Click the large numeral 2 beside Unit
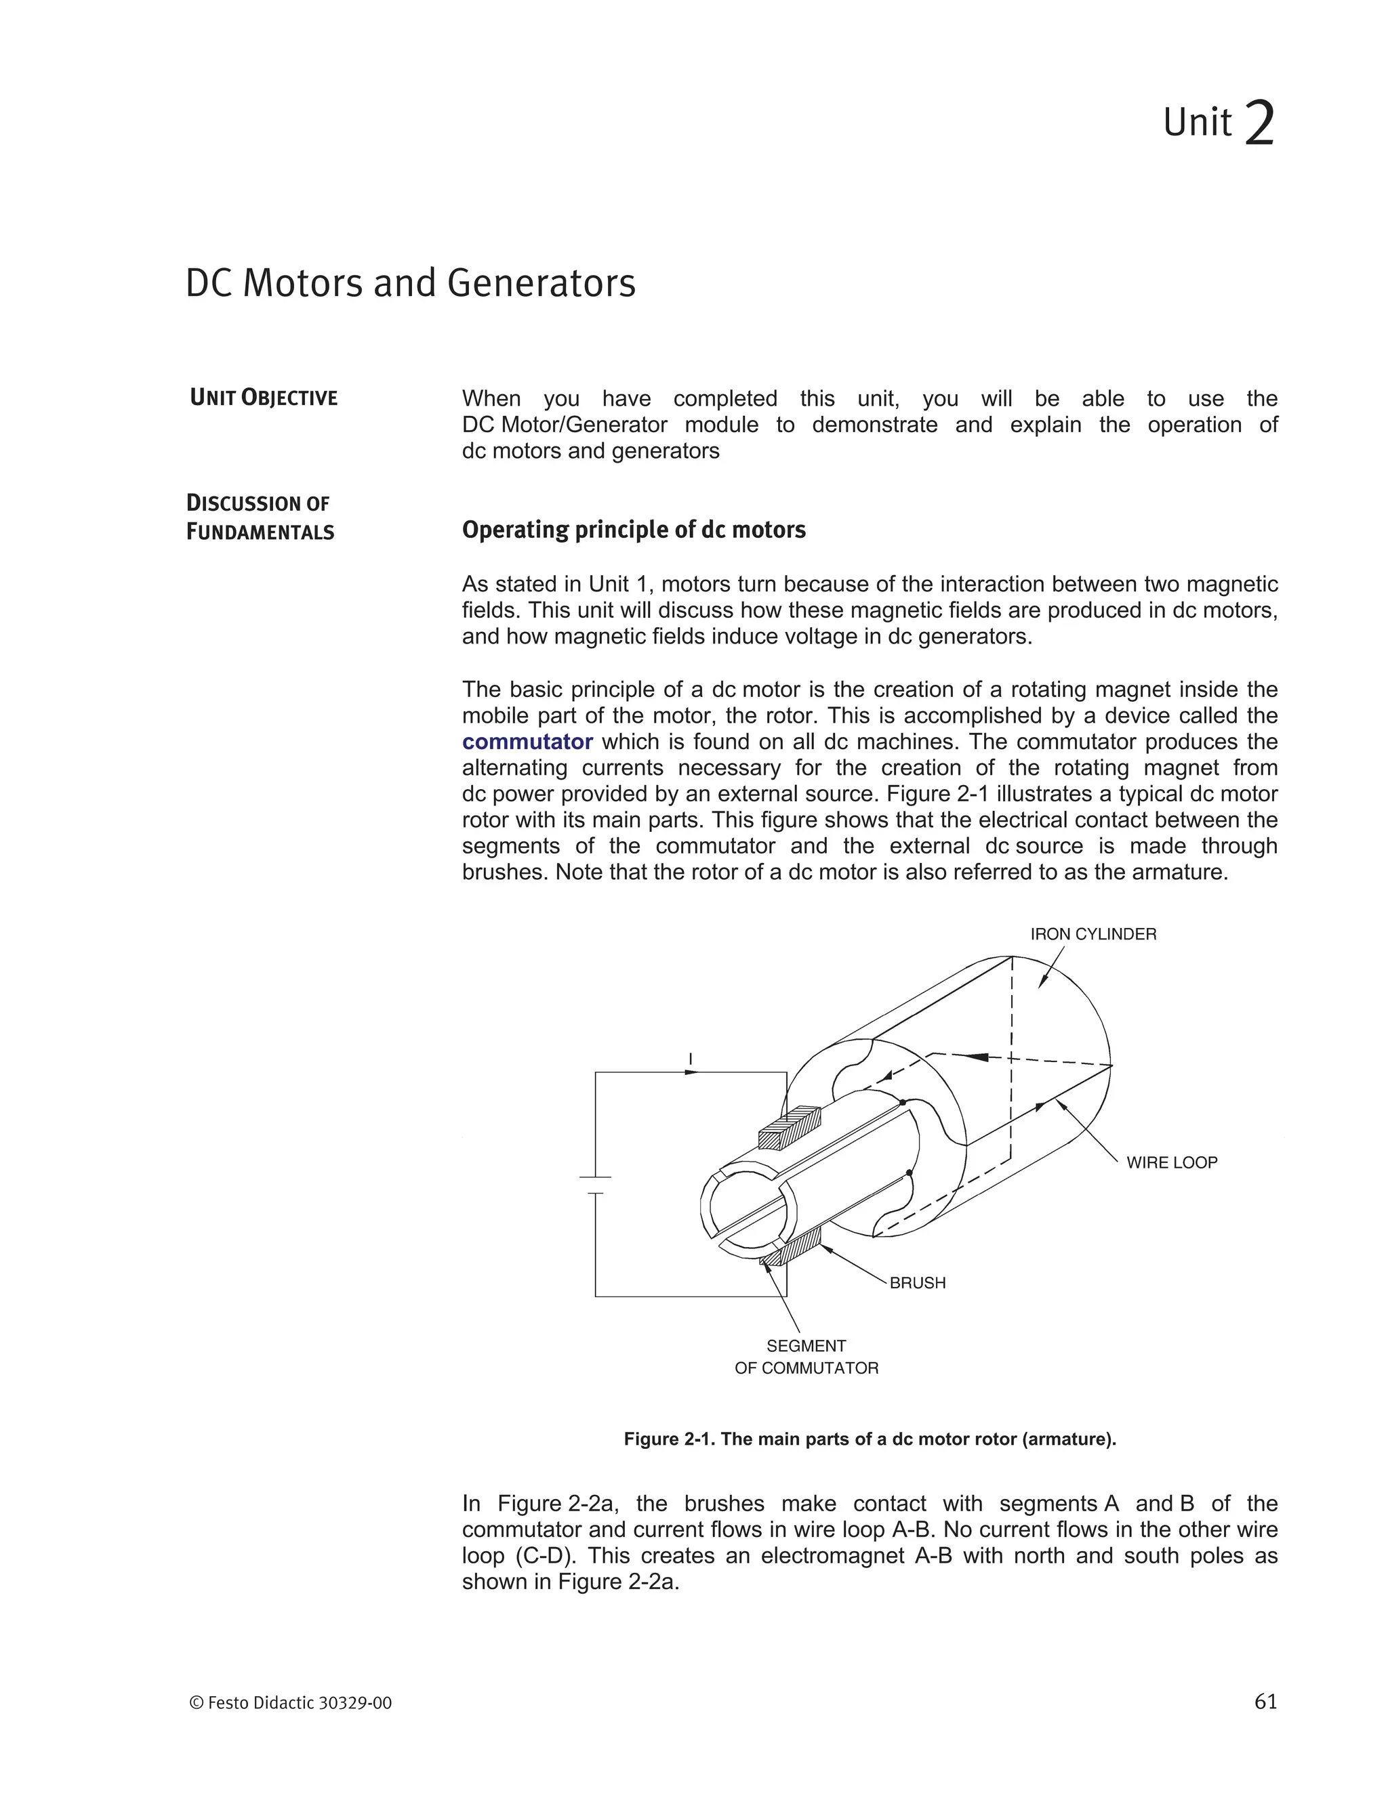(1259, 123)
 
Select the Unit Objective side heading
(264, 398)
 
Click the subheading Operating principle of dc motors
(633, 530)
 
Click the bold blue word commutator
(527, 742)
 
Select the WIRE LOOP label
(1171, 1162)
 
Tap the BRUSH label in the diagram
(918, 1283)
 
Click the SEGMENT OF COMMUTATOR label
(806, 1357)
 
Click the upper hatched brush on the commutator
(790, 1128)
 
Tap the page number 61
(1265, 1702)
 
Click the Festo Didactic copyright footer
(291, 1703)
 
